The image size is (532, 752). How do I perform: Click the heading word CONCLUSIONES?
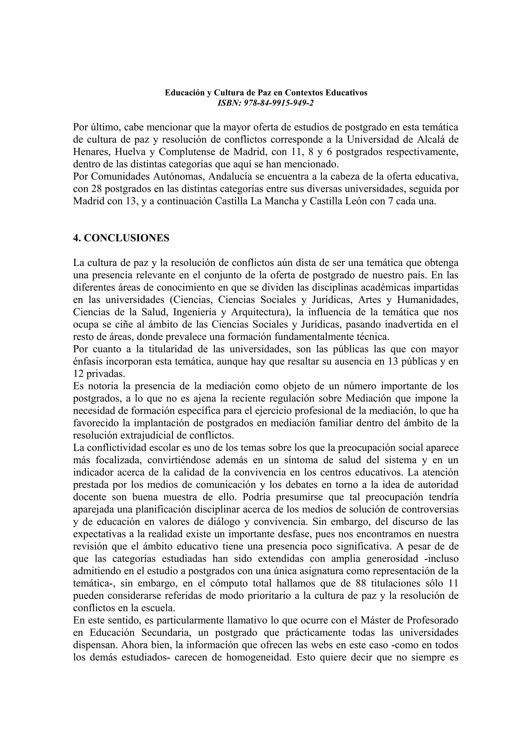pyautogui.click(x=127, y=238)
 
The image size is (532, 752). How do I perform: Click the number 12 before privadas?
pyautogui.click(x=78, y=374)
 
